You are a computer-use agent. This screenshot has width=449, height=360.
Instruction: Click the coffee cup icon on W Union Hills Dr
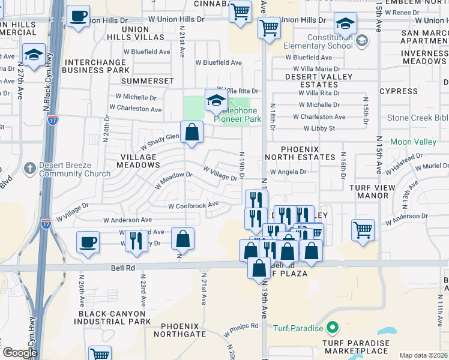pyautogui.click(x=77, y=16)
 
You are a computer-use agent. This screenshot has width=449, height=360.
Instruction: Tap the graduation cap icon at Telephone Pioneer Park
pyautogui.click(x=215, y=101)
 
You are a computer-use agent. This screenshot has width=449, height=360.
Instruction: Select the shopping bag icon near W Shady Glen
pyautogui.click(x=191, y=133)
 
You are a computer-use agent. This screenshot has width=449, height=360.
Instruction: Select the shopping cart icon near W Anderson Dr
pyautogui.click(x=363, y=230)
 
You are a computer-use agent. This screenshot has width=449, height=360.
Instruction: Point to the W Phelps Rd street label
pyautogui.click(x=241, y=329)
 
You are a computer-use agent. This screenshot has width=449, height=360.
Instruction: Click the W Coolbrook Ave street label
pyautogui.click(x=193, y=205)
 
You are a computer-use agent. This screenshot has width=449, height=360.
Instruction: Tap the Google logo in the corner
pyautogui.click(x=20, y=353)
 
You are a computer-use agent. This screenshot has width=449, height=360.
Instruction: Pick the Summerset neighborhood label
pyautogui.click(x=147, y=80)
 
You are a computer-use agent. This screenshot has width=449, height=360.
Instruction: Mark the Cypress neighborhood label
pyautogui.click(x=398, y=91)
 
